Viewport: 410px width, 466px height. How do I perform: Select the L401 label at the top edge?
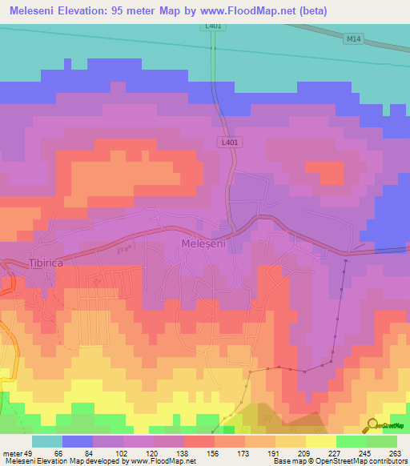click(211, 26)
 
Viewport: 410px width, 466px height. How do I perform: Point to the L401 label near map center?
click(227, 142)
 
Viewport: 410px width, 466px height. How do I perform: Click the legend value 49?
click(30, 453)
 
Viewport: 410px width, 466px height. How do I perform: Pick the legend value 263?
click(396, 453)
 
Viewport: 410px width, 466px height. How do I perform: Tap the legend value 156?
click(213, 453)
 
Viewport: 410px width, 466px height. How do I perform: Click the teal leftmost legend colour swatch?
click(47, 441)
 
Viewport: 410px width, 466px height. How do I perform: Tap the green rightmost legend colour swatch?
click(382, 441)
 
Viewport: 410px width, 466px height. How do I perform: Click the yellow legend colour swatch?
click(321, 441)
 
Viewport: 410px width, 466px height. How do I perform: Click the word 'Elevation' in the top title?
click(85, 10)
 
